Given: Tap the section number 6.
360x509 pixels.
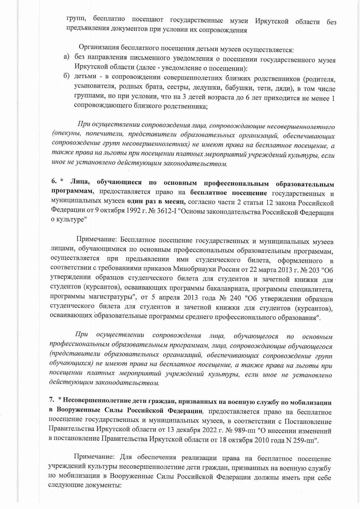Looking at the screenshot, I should tap(54, 182).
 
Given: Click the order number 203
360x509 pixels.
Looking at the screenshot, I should tap(314, 270).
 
